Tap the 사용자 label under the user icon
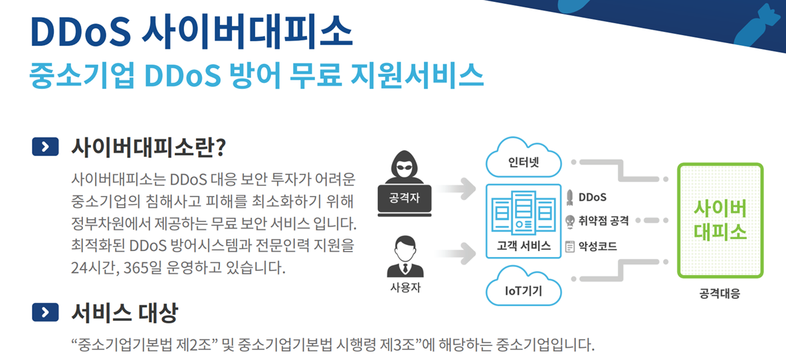(x=405, y=288)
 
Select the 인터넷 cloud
(x=524, y=161)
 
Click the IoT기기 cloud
(x=524, y=290)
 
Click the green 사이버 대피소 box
(x=720, y=221)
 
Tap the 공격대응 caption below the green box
(x=720, y=293)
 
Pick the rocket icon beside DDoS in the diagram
(x=569, y=197)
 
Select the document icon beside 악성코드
(x=569, y=246)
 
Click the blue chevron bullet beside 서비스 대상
(x=45, y=312)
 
